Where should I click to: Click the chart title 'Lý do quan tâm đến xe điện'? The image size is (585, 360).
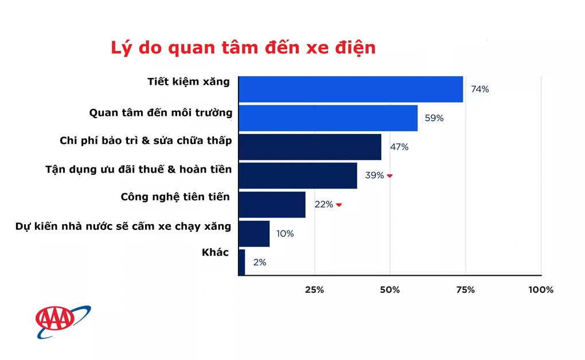(243, 48)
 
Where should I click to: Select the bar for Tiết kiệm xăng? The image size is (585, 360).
(350, 89)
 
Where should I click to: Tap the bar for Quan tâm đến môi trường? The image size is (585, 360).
(328, 118)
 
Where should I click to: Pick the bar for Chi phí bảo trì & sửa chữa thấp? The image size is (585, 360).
(310, 147)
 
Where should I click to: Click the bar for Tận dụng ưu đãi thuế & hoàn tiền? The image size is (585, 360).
(298, 175)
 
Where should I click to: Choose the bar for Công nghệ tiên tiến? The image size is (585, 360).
(272, 205)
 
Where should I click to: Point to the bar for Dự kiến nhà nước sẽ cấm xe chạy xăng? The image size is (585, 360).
(254, 233)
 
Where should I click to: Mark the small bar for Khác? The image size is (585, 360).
(242, 262)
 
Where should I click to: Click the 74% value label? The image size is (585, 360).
(480, 89)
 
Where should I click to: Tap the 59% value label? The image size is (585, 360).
(434, 118)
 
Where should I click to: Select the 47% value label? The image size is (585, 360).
(399, 147)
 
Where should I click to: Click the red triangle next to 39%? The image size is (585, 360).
(389, 176)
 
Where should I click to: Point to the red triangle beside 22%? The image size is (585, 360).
(339, 205)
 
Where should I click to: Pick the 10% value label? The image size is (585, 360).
(285, 233)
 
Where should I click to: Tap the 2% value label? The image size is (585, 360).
(260, 262)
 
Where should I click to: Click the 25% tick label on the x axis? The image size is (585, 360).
(314, 290)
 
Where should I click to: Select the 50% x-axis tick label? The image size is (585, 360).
(390, 290)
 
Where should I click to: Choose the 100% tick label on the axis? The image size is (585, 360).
(541, 290)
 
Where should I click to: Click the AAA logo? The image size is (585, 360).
(63, 322)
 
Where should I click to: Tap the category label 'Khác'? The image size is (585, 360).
(215, 253)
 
